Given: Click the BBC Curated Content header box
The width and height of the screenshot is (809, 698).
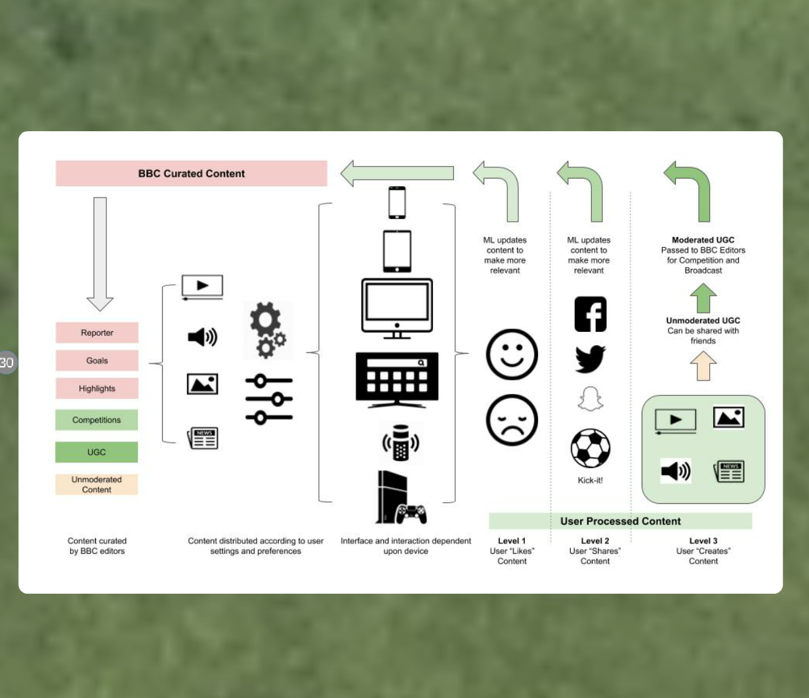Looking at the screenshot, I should (x=191, y=174).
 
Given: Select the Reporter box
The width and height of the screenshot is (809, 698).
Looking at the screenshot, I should (x=97, y=333).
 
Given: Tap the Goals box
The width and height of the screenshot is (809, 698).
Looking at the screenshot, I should (x=97, y=360).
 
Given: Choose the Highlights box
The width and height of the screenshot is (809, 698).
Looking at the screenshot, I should (x=97, y=388).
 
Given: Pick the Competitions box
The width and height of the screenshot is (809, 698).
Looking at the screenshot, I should (x=96, y=420).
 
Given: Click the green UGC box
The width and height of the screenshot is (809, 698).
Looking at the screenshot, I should (x=96, y=452).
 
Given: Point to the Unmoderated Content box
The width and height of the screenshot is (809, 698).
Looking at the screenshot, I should (x=96, y=484).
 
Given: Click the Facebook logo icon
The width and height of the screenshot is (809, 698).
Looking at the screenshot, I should (x=590, y=314).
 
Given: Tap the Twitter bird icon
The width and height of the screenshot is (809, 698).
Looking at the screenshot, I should (x=590, y=359).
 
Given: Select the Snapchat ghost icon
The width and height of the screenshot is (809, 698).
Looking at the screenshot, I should (x=590, y=399).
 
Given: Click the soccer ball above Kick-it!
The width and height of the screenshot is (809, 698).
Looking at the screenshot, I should (x=590, y=449).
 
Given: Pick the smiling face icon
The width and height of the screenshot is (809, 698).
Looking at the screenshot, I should (x=512, y=354).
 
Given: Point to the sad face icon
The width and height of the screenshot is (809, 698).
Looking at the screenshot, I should (x=512, y=420).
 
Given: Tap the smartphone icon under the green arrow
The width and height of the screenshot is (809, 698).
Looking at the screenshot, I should (x=397, y=203).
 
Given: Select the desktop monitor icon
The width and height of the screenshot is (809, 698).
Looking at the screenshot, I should (x=397, y=308).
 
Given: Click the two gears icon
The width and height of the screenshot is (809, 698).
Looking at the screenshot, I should (x=268, y=330).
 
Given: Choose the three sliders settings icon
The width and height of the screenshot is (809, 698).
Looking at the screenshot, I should (x=269, y=399).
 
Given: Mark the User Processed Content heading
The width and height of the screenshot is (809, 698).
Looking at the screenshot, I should (x=620, y=521).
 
